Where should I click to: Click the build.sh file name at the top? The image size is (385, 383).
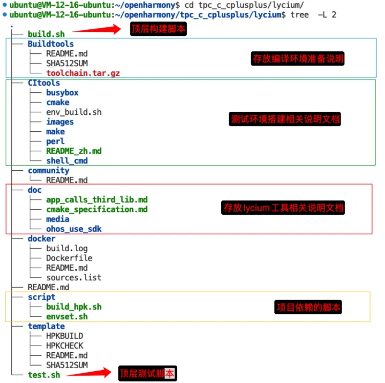46,34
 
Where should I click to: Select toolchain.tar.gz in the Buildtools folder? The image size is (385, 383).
83,73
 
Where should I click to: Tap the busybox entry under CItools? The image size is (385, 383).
62,93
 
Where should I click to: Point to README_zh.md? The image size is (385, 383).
74,151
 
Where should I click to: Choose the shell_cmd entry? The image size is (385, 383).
67,160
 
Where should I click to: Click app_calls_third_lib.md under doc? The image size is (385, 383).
97,199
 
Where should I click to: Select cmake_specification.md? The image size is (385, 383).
97,209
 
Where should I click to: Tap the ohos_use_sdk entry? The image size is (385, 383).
74,229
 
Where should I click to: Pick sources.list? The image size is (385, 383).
74,277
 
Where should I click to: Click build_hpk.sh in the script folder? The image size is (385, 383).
74,307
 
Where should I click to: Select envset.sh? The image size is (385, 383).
67,316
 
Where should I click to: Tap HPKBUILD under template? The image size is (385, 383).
65,336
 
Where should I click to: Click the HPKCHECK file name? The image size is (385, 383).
65,346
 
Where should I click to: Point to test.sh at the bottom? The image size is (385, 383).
44,375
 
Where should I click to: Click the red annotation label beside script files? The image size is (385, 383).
308,308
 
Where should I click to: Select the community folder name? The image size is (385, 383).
49,170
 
